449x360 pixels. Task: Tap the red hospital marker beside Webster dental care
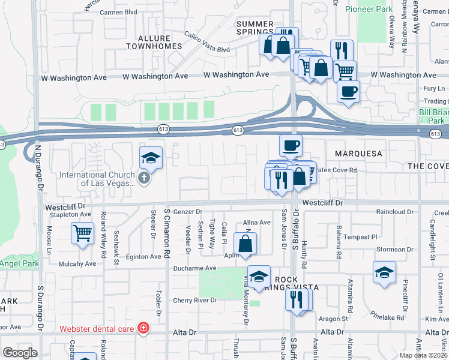point(143,328)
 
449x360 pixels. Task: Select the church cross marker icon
point(143,179)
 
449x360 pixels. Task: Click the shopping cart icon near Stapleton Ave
point(82,233)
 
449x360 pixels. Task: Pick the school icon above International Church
point(151,158)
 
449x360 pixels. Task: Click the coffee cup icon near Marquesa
point(291,145)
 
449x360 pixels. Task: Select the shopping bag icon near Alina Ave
point(246,244)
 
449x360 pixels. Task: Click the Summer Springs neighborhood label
point(255,28)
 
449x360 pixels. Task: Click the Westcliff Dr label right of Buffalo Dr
point(322,203)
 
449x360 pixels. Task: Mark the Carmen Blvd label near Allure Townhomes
point(119,12)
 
